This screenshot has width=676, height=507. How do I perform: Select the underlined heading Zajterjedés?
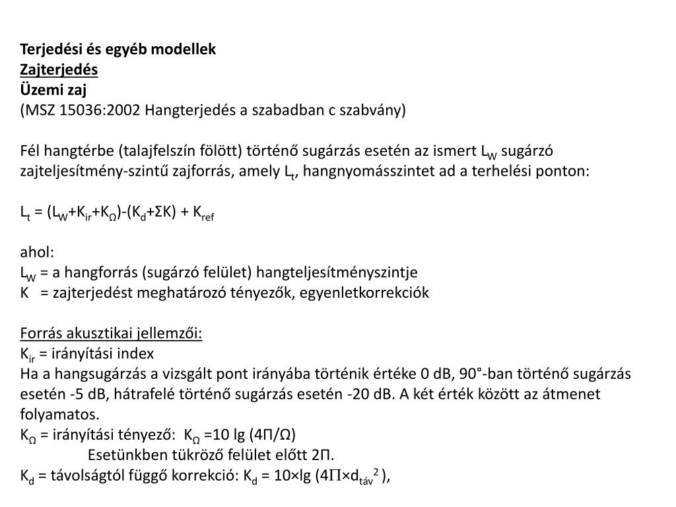coord(59,69)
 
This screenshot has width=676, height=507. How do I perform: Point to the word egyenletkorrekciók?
coord(372,292)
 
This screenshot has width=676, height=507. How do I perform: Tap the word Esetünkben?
coord(121,455)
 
